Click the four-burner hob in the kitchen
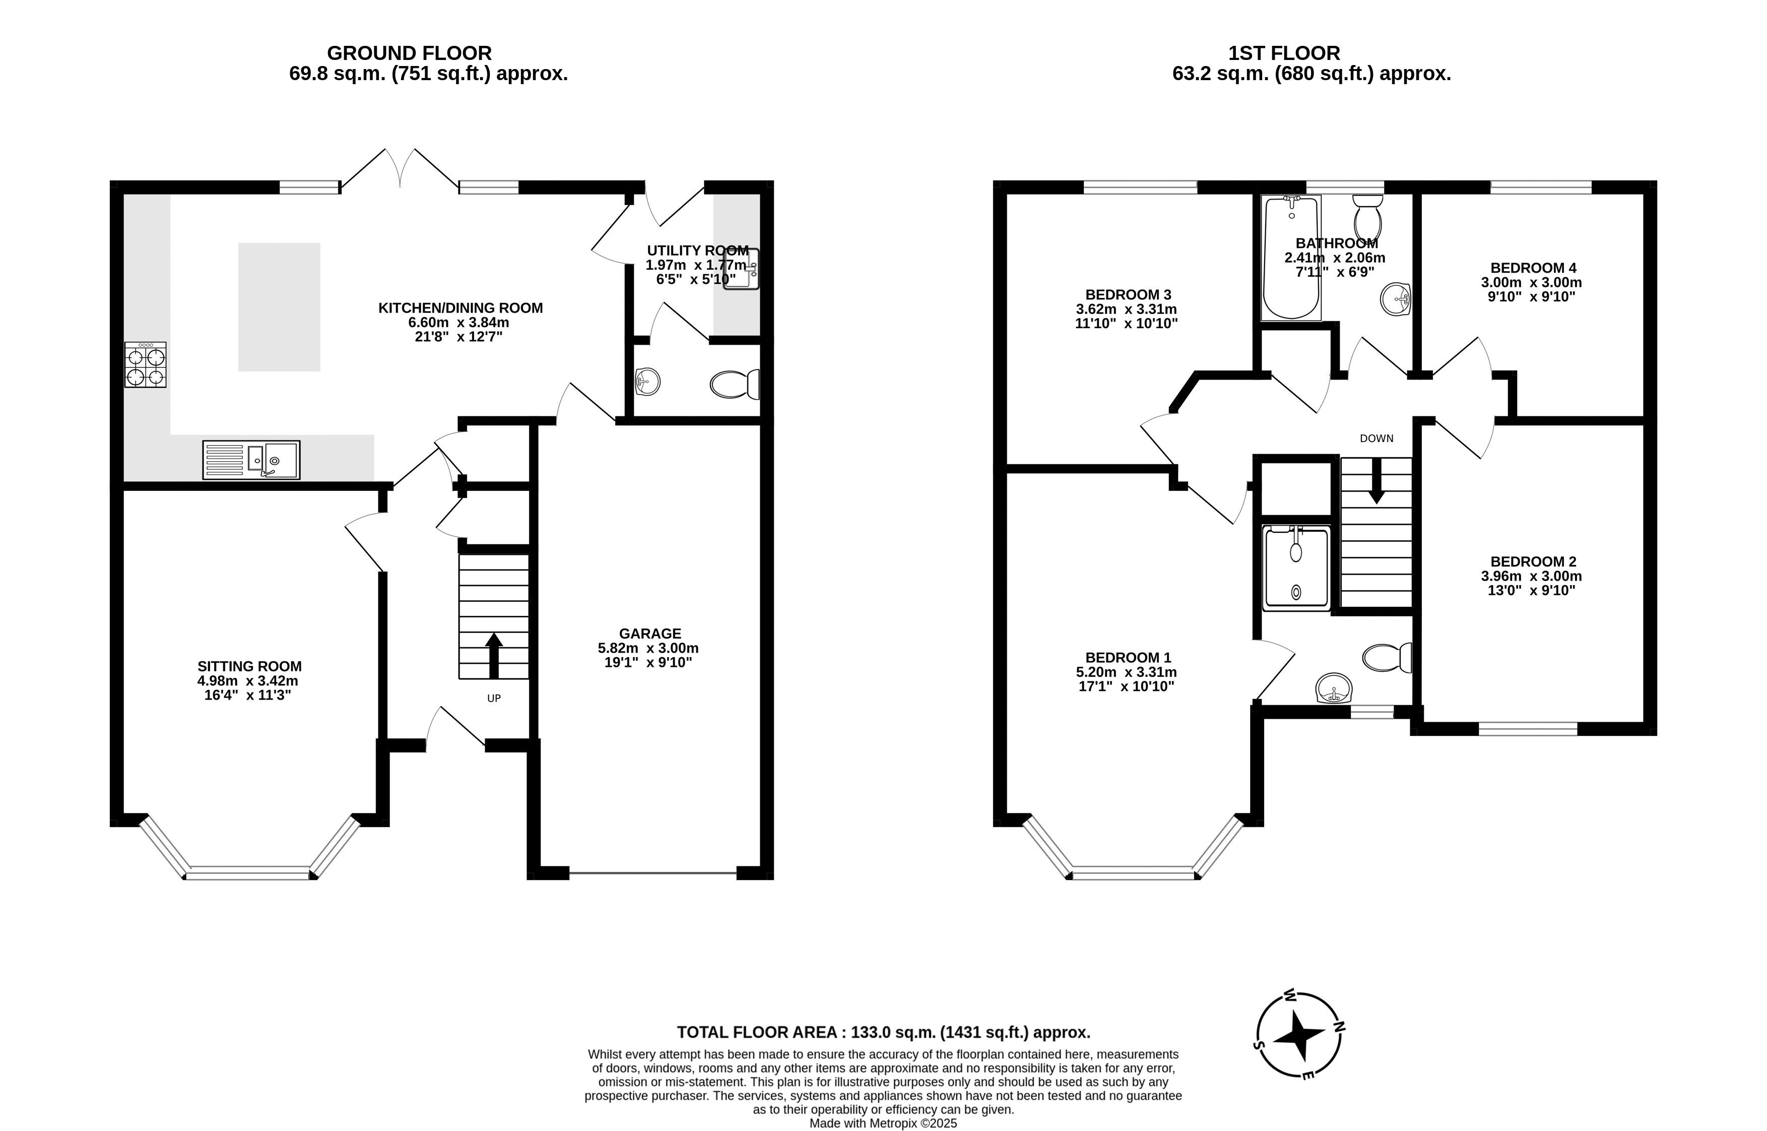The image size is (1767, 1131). tap(145, 365)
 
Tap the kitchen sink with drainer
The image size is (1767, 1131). tap(251, 460)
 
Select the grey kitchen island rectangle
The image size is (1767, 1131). tap(279, 307)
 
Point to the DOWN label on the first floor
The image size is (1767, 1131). tap(1377, 438)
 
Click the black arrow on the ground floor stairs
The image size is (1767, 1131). tap(494, 655)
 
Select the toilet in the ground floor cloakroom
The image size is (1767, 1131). tap(735, 384)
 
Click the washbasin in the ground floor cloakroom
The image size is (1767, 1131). tap(647, 381)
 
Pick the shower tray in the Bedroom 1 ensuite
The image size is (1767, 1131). tap(1296, 568)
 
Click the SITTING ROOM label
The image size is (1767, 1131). tap(249, 667)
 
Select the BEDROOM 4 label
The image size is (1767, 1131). tap(1533, 268)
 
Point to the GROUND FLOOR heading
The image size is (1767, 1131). tap(410, 53)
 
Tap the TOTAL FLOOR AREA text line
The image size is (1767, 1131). tap(884, 1033)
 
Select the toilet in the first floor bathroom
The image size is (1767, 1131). tap(1367, 216)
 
